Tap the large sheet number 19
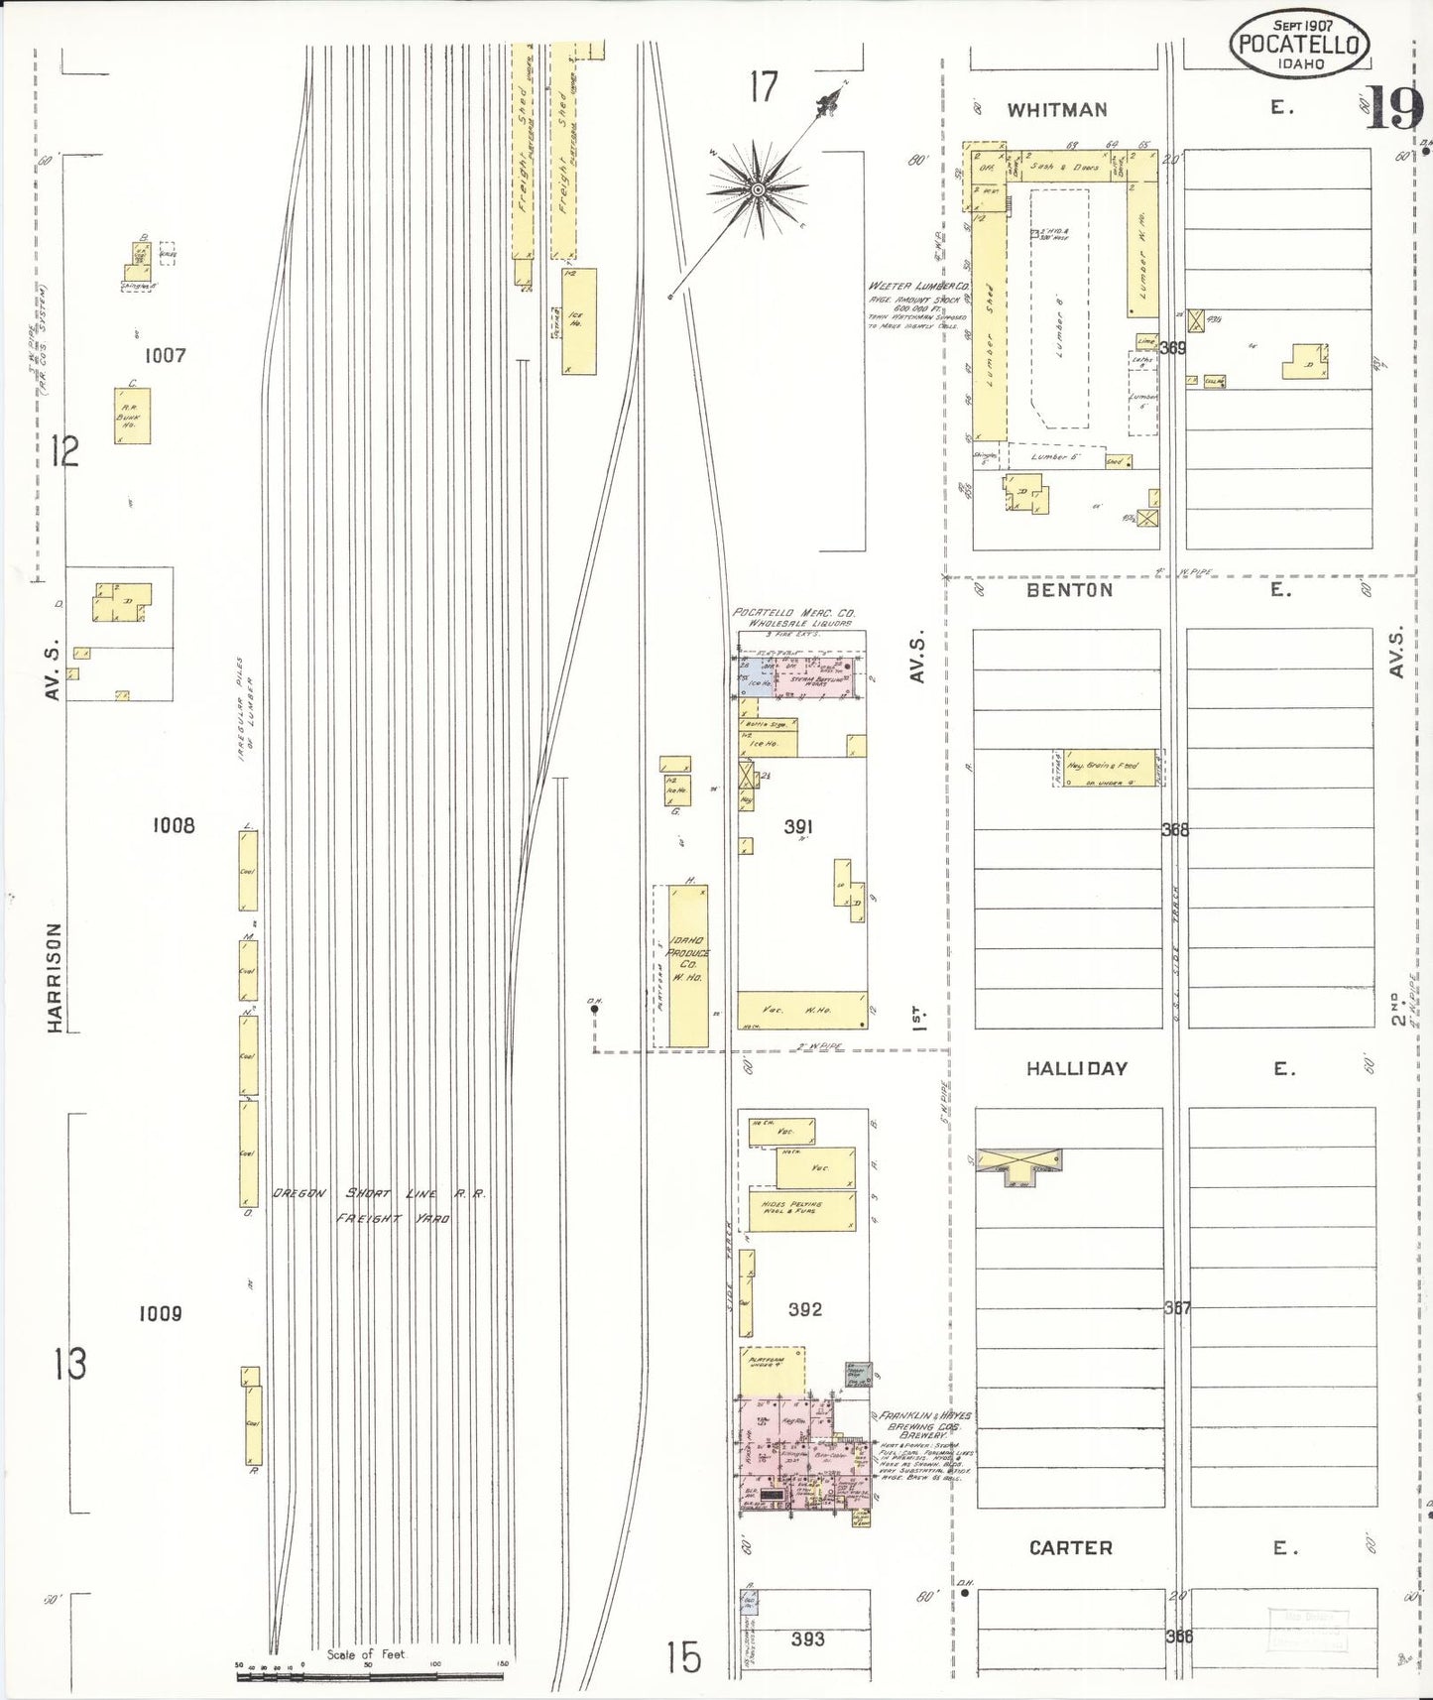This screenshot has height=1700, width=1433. click(1394, 108)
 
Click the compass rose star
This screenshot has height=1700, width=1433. click(758, 188)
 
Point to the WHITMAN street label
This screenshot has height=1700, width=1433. click(1057, 110)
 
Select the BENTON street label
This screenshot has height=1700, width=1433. click(1069, 589)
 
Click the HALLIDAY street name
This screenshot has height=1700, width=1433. click(1076, 1068)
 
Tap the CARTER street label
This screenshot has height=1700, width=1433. click(1070, 1547)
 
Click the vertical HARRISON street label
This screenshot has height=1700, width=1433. click(54, 978)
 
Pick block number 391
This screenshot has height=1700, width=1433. click(798, 826)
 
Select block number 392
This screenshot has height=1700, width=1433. click(804, 1309)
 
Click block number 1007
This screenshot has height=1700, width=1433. click(165, 355)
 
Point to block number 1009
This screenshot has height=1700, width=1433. click(160, 1313)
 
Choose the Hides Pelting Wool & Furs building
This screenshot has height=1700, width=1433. click(801, 1211)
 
